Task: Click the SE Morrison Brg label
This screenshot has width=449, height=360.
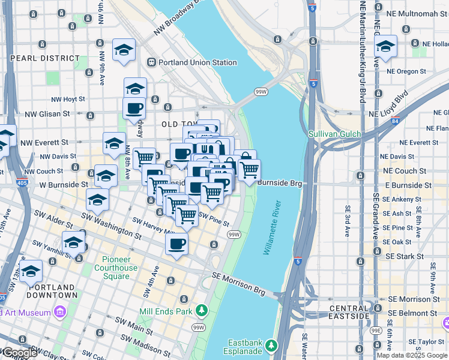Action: [238, 283]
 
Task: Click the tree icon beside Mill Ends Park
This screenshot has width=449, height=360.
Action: [202, 310]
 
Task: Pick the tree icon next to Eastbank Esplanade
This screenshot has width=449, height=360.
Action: [271, 346]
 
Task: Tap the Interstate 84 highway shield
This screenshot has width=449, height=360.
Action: [395, 122]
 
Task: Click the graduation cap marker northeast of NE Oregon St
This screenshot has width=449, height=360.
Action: [385, 46]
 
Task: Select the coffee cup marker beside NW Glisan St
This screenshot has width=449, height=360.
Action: [134, 108]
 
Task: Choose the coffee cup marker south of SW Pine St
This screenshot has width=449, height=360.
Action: [176, 244]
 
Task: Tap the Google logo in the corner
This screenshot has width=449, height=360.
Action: [19, 353]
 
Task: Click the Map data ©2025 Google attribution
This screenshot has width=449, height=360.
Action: [412, 355]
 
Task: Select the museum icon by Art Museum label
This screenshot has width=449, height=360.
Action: [59, 313]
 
